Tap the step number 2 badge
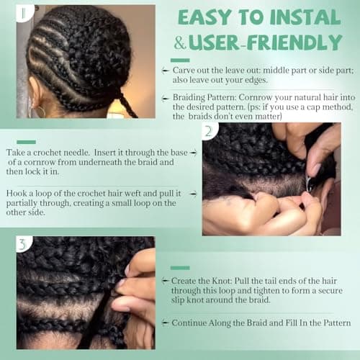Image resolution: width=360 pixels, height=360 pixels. pos(208,132)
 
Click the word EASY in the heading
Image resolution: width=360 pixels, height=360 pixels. pos(204,18)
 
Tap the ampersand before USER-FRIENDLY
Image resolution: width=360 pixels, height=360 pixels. pos(180,42)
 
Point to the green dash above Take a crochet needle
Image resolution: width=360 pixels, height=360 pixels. pos(25,142)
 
